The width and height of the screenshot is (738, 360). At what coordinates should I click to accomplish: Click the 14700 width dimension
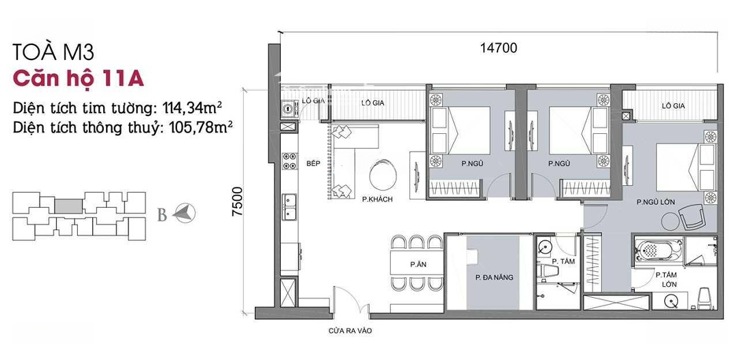tap(498, 48)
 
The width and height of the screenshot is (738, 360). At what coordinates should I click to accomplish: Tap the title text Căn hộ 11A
tap(79, 78)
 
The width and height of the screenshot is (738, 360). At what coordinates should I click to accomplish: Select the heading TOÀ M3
tap(54, 52)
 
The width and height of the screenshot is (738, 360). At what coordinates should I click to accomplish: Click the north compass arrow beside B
tap(184, 214)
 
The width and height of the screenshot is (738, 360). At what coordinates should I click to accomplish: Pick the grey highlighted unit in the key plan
tap(69, 206)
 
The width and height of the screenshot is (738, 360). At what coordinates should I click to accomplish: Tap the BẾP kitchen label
tap(312, 163)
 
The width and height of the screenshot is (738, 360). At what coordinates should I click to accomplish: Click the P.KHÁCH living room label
tap(377, 199)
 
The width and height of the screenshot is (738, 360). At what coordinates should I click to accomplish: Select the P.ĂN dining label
tap(415, 265)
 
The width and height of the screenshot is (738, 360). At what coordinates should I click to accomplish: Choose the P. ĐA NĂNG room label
tap(494, 277)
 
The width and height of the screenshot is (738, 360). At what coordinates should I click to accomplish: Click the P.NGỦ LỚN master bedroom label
tap(655, 202)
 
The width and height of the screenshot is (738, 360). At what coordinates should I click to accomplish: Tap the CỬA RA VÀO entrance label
tap(350, 331)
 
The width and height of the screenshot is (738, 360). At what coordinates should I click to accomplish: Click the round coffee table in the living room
tap(383, 175)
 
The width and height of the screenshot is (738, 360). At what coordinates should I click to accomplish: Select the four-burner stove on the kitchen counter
tap(289, 161)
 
